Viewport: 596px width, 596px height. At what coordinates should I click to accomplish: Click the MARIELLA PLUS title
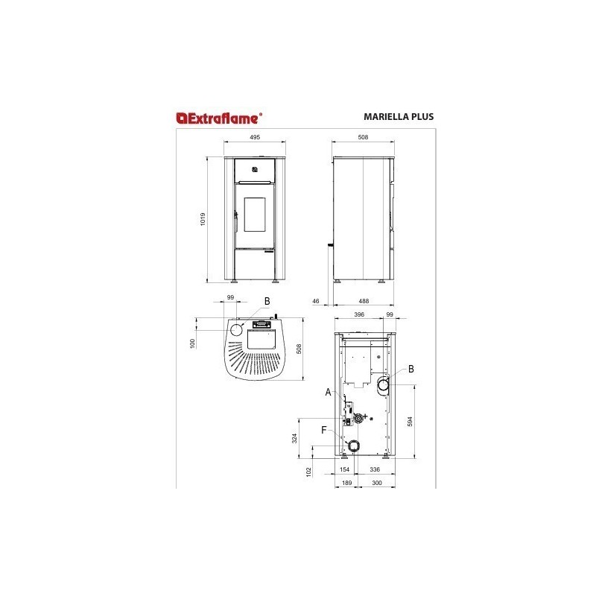pyautogui.click(x=399, y=117)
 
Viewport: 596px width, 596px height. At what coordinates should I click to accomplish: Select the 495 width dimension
pyautogui.click(x=254, y=138)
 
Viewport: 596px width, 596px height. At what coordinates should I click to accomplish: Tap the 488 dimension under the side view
pyautogui.click(x=363, y=301)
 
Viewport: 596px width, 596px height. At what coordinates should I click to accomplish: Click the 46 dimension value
pyautogui.click(x=316, y=301)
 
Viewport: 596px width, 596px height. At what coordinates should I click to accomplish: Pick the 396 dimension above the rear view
pyautogui.click(x=358, y=316)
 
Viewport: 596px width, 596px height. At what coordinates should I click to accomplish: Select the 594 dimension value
pyautogui.click(x=409, y=422)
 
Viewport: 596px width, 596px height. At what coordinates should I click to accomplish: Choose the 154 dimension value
pyautogui.click(x=344, y=470)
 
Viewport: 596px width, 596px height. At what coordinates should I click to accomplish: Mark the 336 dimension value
pyautogui.click(x=375, y=470)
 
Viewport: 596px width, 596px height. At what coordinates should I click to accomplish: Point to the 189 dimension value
pyautogui.click(x=346, y=484)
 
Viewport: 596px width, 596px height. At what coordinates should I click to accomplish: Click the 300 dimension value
pyautogui.click(x=376, y=484)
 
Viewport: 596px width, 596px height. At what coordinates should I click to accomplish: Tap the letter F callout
pyautogui.click(x=323, y=430)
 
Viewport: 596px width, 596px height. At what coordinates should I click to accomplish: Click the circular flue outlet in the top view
pyautogui.click(x=237, y=330)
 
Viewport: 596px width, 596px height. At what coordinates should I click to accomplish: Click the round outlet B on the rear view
pyautogui.click(x=384, y=385)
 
